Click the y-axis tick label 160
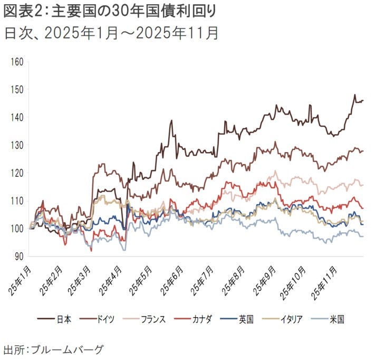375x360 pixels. (x=17, y=62)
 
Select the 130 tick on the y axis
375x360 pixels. (x=17, y=145)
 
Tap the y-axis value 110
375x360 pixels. (x=17, y=201)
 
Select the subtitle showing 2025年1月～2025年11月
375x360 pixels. (x=111, y=33)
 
